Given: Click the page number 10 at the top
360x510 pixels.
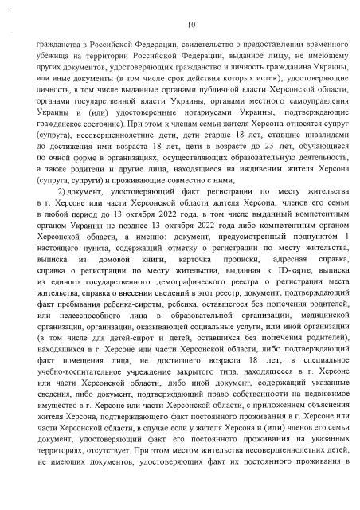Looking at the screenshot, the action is [x=181, y=24].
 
